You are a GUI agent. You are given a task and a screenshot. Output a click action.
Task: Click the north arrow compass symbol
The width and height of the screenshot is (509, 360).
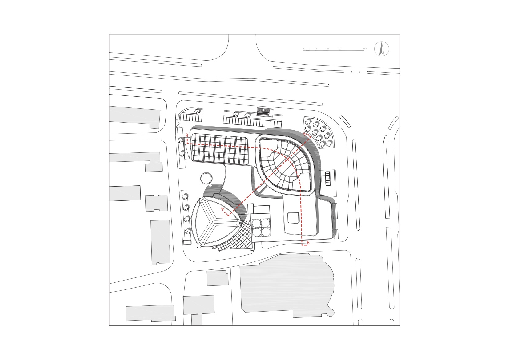tap(382, 49)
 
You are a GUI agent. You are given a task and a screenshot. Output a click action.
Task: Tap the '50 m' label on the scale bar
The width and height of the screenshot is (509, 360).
tap(365, 49)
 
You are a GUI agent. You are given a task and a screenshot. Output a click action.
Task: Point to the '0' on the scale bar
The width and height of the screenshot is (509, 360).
tap(303, 49)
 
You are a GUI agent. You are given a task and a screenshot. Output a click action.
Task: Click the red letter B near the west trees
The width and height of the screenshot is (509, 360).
tap(187, 136)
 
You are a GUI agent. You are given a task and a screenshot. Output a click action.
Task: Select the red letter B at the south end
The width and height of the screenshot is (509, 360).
tap(308, 243)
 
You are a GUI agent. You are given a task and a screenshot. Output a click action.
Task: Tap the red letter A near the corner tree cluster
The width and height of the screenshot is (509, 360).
tap(305, 135)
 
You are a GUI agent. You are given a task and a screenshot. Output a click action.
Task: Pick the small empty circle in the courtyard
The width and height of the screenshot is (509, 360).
tap(206, 178)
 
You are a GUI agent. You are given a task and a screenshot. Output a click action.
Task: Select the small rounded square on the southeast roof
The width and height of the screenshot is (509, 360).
tap(293, 218)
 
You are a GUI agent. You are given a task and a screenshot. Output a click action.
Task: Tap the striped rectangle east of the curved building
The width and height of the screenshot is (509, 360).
tap(328, 178)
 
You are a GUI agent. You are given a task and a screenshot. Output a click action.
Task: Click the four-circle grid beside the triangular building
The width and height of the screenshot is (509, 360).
tap(261, 227)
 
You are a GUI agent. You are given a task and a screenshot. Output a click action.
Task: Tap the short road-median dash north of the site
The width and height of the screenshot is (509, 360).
tap(355, 72)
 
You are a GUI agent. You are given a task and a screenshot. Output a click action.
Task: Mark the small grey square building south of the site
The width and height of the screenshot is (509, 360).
tap(217, 278)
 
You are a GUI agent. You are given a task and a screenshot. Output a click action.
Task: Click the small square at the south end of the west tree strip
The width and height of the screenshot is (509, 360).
tap(186, 242)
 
